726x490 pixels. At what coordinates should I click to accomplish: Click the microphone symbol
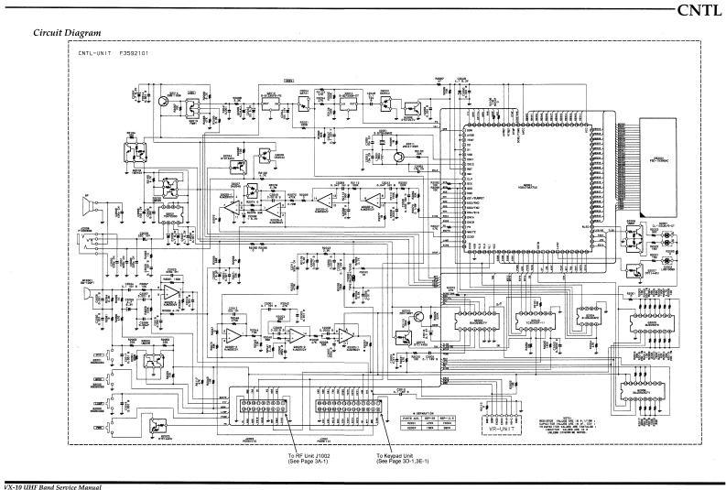(x=85, y=295)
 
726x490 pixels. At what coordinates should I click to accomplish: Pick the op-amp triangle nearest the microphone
(x=170, y=292)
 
